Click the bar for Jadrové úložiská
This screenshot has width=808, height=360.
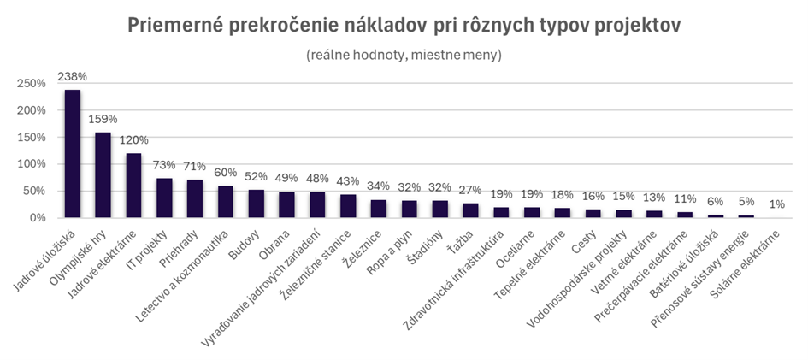(73, 154)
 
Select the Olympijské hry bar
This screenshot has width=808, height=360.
(103, 175)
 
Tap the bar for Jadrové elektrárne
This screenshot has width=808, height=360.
(134, 186)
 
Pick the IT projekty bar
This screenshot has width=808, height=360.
(164, 198)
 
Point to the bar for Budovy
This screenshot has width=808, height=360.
(257, 204)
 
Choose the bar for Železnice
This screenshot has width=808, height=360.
(379, 209)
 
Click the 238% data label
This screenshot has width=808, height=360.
(73, 76)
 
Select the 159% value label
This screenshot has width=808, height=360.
(103, 119)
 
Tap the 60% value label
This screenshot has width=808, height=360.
(226, 172)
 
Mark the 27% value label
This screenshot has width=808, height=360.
(471, 190)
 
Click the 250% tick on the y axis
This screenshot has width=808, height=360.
(31, 84)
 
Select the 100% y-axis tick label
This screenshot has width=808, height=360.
(31, 164)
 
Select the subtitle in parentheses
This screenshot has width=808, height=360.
(404, 55)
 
